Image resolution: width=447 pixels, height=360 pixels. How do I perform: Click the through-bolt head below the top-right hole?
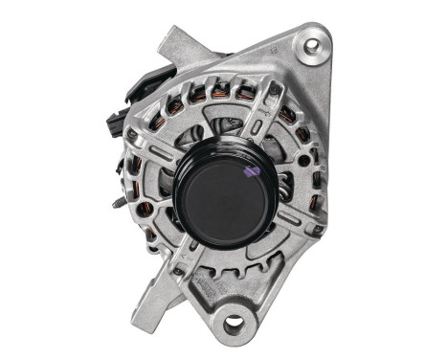coord(275,90)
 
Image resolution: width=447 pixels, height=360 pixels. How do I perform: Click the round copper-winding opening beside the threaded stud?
coord(145,208)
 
